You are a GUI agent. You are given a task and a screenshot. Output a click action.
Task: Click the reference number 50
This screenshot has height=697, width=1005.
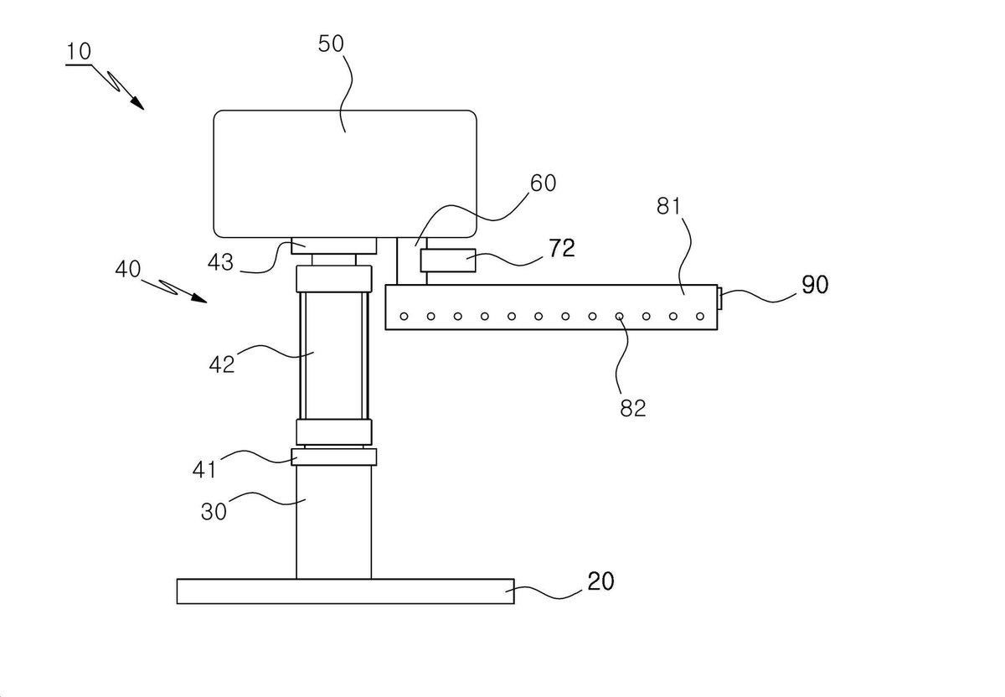tap(331, 44)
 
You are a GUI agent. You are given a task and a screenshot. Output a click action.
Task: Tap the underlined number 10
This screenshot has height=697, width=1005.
tap(79, 52)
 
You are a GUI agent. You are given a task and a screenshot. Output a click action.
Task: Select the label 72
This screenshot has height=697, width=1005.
tap(562, 248)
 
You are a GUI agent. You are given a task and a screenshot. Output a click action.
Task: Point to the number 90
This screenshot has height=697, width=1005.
tap(815, 285)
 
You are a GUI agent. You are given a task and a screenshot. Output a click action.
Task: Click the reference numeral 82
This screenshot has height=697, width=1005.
tap(633, 408)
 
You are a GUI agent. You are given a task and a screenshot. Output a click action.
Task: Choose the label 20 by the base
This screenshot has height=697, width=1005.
tap(600, 581)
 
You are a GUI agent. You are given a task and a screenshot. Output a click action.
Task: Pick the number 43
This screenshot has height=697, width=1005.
tap(220, 262)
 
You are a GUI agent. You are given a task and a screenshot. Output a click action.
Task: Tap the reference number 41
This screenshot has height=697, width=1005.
tap(204, 469)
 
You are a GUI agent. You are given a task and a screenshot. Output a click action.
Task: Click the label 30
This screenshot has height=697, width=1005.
tap(214, 511)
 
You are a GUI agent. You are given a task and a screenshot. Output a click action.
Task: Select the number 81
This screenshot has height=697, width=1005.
tap(669, 206)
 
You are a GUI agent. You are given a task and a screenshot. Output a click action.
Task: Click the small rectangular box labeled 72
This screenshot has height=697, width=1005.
tap(448, 261)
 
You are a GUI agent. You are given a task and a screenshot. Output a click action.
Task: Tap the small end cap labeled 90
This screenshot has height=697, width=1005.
tap(719, 299)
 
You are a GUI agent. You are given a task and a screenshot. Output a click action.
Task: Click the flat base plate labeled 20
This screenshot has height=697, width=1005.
tap(345, 591)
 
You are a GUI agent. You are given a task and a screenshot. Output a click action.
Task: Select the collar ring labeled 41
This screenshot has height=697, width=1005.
tap(334, 457)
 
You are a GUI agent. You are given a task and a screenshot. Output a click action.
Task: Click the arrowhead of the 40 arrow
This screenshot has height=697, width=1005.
tap(201, 299)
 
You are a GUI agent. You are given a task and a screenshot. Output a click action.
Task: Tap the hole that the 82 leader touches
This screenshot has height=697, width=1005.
tap(619, 317)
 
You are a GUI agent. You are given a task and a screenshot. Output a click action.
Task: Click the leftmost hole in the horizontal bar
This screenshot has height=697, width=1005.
tap(404, 317)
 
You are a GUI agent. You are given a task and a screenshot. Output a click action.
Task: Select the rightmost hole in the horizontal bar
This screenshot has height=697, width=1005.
tap(700, 317)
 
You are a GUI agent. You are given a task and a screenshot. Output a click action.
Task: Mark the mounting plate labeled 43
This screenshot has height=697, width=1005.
tap(334, 245)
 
